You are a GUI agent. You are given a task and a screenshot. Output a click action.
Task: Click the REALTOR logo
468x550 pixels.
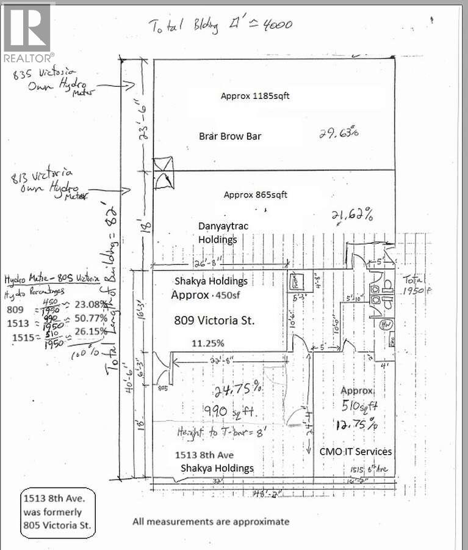28,32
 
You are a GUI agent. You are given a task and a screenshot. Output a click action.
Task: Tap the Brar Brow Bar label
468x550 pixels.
230,136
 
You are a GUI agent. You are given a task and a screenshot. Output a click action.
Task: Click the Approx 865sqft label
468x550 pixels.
255,195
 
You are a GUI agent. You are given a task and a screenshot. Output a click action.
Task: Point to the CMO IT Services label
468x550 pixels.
355,451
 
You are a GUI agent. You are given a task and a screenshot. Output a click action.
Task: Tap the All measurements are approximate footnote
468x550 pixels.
211,521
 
